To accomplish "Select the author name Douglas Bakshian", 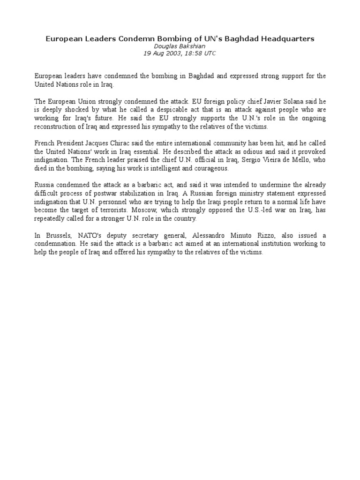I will [x=180, y=46].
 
